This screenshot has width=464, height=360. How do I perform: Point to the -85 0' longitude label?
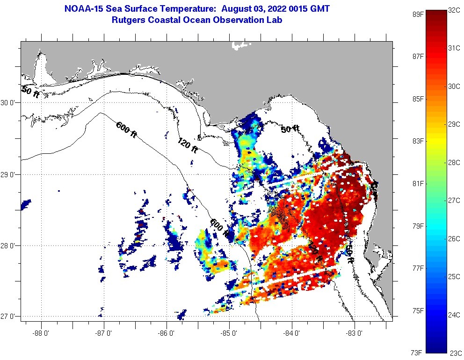coord(230,333)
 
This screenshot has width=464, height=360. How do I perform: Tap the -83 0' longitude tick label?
coord(355,333)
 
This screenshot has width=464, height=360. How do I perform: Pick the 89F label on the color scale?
coord(417,14)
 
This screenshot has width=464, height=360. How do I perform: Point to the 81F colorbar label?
coord(417,183)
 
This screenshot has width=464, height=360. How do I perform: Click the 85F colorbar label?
coord(417,99)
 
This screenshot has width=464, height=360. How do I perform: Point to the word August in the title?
coord(237,8)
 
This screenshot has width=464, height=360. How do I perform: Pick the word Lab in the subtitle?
coord(274,20)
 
